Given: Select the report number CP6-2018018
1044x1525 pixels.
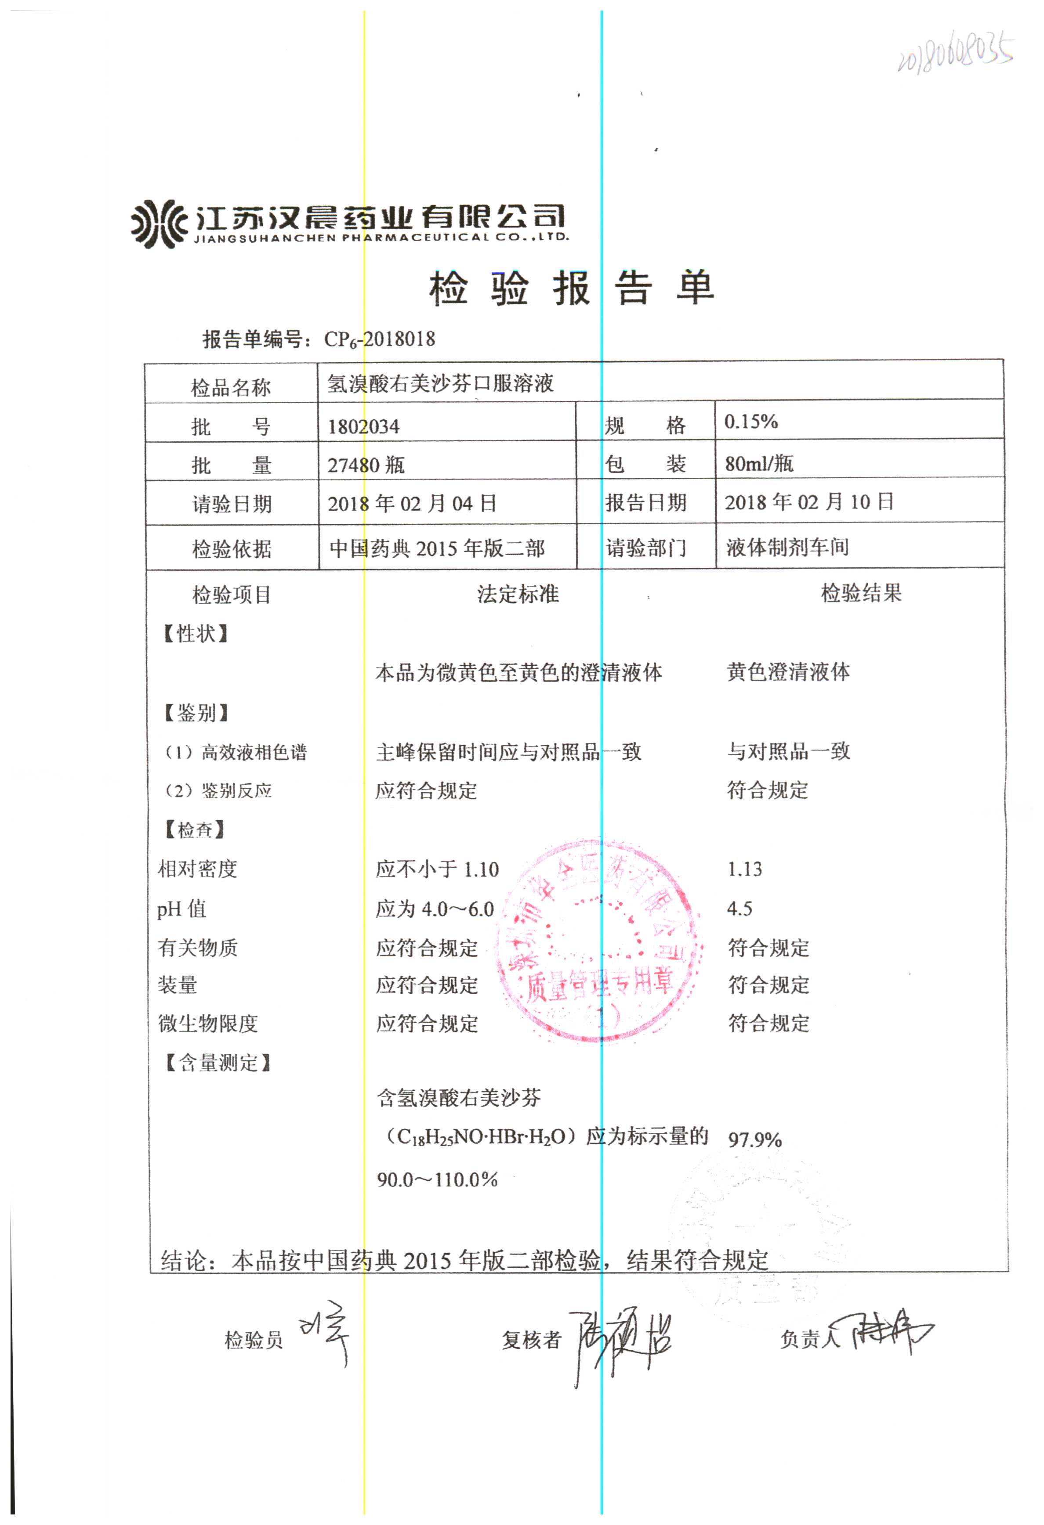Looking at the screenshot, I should (379, 339).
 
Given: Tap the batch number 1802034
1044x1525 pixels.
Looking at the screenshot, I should (363, 426).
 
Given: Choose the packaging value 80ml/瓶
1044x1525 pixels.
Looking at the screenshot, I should (758, 463).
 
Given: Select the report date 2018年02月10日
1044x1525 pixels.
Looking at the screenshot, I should (808, 502).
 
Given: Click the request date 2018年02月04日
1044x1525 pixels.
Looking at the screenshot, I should (412, 503).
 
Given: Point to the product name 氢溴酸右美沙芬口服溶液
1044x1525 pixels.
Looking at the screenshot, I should (440, 383).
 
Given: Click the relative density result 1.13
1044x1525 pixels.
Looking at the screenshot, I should (745, 869).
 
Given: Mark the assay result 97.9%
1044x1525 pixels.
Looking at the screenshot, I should (754, 1139).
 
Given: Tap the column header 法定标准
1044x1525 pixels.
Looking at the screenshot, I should (518, 594).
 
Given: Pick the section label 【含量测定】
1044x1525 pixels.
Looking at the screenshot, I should (217, 1062).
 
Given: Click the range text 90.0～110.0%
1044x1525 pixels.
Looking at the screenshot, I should (437, 1179).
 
